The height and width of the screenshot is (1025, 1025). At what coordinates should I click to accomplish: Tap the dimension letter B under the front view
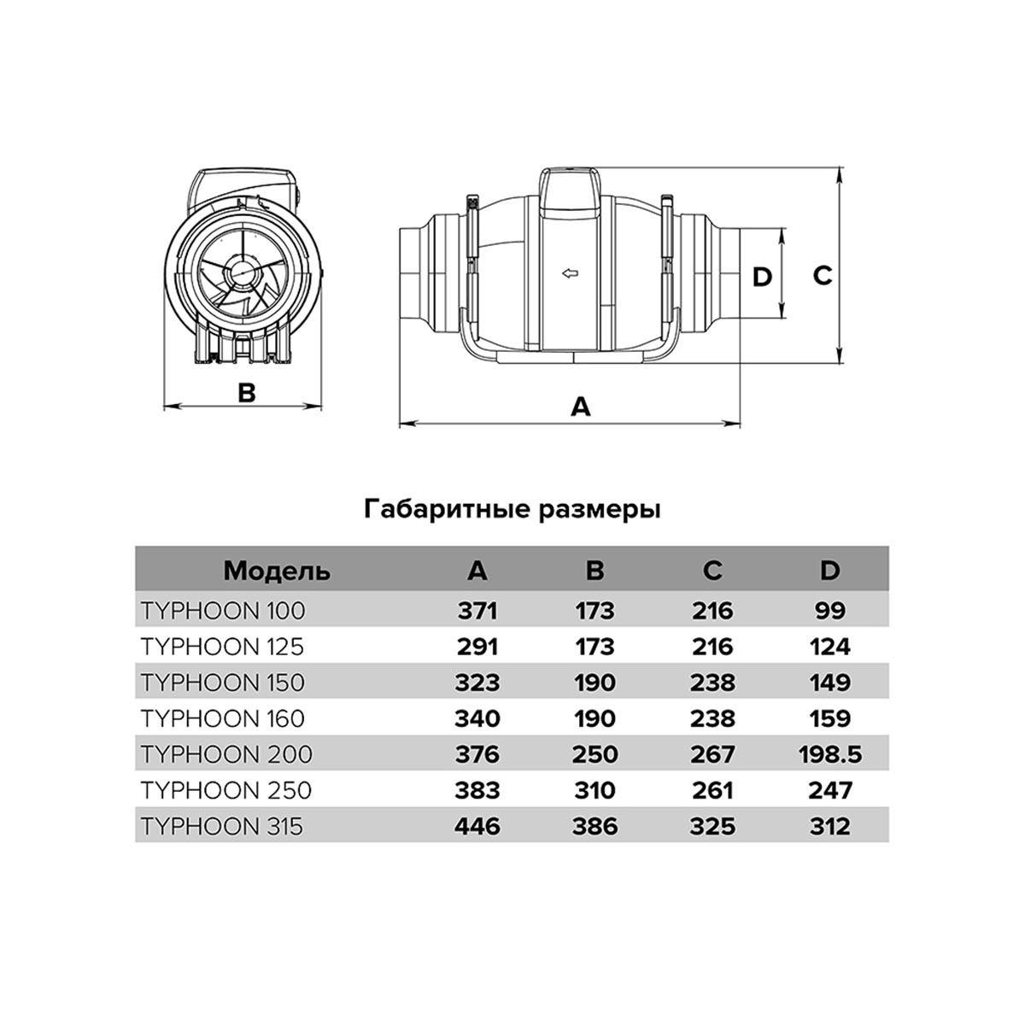pos(246,393)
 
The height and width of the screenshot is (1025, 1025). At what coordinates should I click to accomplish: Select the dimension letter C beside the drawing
pos(821,276)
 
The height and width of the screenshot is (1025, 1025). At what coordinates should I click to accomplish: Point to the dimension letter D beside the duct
pos(761,276)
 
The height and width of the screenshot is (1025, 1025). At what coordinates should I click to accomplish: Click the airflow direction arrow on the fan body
pos(571,274)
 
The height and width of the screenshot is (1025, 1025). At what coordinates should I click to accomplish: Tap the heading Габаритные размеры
pos(512,510)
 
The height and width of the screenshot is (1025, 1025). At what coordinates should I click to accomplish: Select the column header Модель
pos(277,571)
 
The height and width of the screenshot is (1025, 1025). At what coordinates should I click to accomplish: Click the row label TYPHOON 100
pos(223,611)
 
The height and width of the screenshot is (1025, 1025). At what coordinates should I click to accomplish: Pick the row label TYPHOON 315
pos(222,826)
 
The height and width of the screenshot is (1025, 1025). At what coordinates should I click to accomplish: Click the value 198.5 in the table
pos(829,754)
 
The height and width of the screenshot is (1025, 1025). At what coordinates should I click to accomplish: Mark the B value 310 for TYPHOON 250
pos(595,790)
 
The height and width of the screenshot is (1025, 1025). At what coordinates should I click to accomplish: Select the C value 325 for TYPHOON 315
pos(712,826)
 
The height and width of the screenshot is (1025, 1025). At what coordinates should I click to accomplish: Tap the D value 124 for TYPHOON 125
pos(829,647)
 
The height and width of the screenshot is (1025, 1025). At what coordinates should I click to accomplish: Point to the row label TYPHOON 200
pos(226,754)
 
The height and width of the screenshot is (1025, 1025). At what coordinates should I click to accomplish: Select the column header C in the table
pos(712,571)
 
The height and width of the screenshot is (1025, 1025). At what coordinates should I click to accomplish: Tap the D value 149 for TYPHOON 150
pos(829,682)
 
